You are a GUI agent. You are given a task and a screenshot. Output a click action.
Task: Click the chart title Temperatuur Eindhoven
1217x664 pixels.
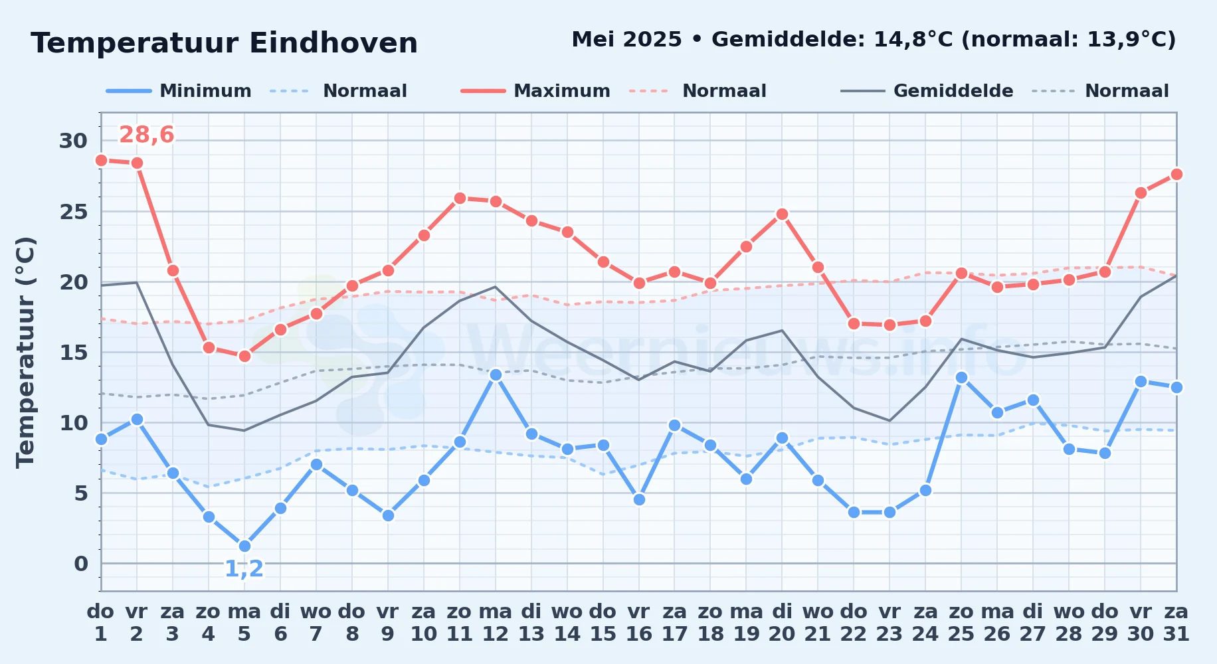(x=224, y=43)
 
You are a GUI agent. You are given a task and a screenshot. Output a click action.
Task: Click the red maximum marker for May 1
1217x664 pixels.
(x=101, y=160)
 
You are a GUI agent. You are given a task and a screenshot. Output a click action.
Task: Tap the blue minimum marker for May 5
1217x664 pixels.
(x=244, y=546)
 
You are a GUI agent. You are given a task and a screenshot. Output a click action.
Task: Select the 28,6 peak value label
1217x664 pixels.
(x=146, y=135)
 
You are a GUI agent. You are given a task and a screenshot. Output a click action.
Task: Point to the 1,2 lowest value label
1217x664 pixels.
(x=244, y=569)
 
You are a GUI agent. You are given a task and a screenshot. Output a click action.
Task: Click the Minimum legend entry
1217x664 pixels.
(x=179, y=91)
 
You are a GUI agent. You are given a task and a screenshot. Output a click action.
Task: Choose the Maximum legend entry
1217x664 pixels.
(x=536, y=91)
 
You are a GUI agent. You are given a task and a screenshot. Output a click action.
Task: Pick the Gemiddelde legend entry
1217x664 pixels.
(x=927, y=91)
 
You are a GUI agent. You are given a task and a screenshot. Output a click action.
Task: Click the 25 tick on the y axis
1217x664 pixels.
(x=73, y=212)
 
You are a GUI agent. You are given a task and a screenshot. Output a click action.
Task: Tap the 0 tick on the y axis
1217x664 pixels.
(x=80, y=564)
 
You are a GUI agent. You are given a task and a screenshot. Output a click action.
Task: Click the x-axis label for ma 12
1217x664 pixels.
(x=496, y=622)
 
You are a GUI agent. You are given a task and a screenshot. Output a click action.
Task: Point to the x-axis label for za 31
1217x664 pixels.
(x=1176, y=622)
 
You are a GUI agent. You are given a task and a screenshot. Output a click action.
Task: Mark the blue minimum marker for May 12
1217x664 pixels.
(x=496, y=374)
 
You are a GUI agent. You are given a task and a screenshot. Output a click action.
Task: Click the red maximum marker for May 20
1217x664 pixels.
(x=782, y=214)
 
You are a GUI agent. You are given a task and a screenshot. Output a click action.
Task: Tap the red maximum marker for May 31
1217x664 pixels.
(x=1176, y=174)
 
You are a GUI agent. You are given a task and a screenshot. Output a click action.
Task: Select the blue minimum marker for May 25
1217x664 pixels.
(x=961, y=377)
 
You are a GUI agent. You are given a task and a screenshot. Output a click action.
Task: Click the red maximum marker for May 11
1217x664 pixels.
(x=460, y=198)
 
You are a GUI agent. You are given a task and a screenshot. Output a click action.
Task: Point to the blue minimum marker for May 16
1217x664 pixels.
(x=639, y=499)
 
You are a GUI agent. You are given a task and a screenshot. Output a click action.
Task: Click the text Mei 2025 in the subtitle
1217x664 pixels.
(x=626, y=40)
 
